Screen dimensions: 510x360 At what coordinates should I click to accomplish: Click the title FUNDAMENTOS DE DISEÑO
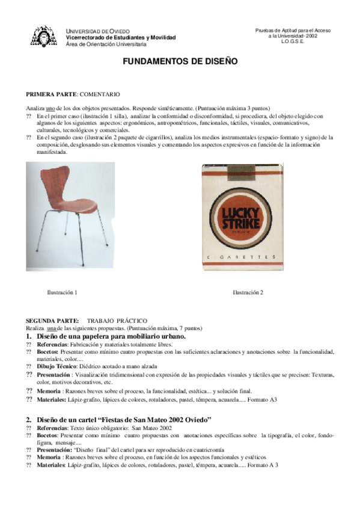[180, 61]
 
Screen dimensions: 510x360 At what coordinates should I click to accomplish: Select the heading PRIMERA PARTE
[51, 95]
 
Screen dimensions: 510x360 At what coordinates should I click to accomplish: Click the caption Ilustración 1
[62, 292]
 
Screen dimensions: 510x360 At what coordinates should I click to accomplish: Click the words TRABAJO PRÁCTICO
[117, 321]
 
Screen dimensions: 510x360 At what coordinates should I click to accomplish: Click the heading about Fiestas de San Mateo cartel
[123, 419]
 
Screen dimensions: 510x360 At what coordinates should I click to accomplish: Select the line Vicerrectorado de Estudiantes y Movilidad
[121, 37]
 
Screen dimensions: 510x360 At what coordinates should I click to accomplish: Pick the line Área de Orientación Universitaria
[106, 44]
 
